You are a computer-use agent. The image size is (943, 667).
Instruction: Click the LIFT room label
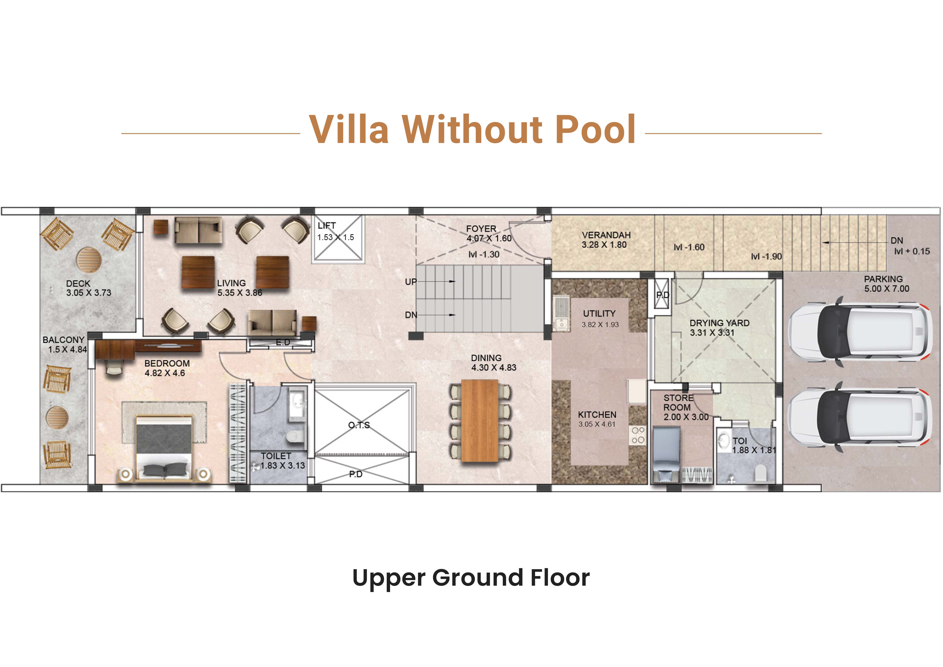coord(327,226)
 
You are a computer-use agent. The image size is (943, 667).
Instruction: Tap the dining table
coord(480,421)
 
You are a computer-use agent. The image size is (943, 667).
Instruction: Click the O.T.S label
coord(359,425)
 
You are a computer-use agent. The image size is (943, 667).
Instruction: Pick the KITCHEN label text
coord(597,415)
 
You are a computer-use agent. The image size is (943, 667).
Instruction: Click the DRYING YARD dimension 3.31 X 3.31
coord(712,333)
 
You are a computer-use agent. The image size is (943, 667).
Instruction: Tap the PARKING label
coord(883,279)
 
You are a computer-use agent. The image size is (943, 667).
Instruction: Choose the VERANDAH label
coord(606,235)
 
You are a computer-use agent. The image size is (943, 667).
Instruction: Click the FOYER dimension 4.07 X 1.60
coord(489,238)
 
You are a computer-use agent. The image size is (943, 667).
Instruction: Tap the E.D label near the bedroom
coord(283,342)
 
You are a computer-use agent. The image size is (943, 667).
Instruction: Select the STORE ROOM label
coord(678,403)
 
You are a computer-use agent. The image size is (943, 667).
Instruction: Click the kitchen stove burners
coord(638,435)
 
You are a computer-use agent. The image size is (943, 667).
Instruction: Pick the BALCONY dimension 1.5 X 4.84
coord(68,349)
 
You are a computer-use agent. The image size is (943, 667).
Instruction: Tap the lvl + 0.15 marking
coord(912,251)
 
